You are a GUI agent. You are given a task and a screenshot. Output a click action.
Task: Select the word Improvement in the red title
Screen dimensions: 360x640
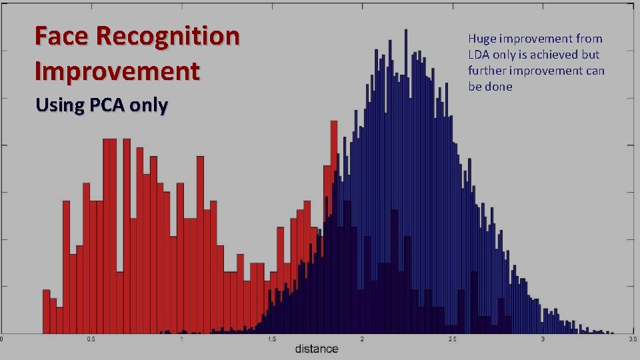[117, 71]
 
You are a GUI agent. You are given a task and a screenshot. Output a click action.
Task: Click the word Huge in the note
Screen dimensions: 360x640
[482, 39]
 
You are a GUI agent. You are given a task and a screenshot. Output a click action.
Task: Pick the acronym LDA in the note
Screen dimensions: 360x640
[479, 55]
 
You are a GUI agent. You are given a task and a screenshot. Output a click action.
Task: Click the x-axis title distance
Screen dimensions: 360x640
[317, 349]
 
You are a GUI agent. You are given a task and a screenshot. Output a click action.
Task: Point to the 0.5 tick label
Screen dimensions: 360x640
[91, 339]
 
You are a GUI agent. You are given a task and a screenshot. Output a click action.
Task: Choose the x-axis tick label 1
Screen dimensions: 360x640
[181, 339]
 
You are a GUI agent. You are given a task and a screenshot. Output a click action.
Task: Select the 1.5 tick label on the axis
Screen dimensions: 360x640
[271, 339]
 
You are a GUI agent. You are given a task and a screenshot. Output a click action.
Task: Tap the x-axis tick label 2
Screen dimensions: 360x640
[362, 339]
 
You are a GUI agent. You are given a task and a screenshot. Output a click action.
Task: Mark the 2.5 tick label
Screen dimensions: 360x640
[452, 339]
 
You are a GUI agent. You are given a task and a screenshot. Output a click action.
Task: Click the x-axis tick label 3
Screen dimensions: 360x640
[543, 339]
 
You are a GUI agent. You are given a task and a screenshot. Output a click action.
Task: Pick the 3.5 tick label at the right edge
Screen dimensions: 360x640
[633, 339]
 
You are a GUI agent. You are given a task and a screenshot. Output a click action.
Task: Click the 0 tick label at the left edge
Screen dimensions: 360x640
[2, 339]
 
